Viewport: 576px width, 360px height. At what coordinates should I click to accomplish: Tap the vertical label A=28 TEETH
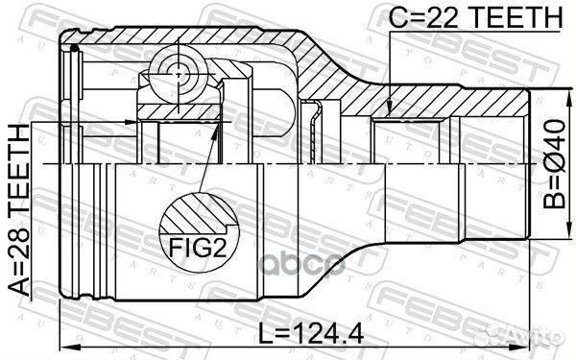click(x=22, y=217)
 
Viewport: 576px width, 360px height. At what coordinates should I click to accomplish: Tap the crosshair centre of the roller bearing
click(x=178, y=69)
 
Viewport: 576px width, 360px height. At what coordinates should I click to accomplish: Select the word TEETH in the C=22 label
click(x=497, y=18)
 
